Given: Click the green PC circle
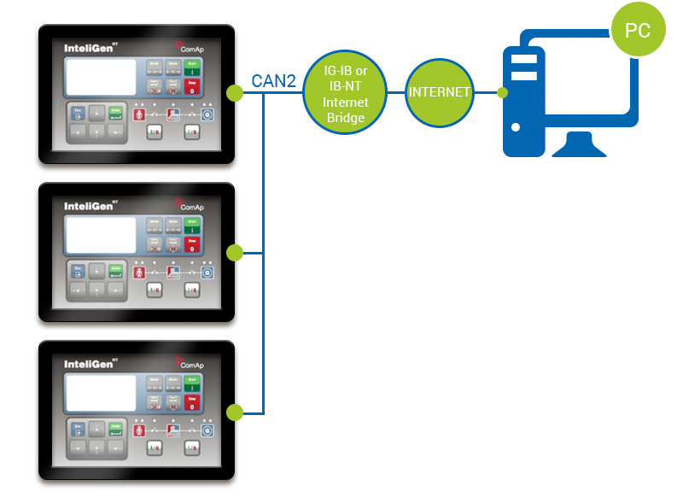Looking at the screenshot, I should (x=638, y=32).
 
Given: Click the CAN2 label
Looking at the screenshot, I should (x=273, y=82).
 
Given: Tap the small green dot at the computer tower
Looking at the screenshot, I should (x=503, y=91).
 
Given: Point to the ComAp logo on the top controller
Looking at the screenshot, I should (x=192, y=44).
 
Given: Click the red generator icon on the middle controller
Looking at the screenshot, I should (x=139, y=272).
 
